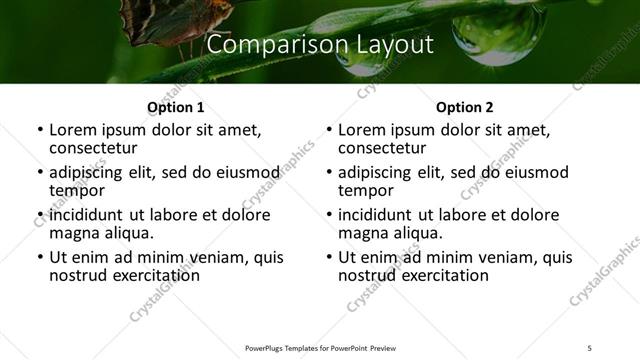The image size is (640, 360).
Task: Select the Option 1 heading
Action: pos(175,106)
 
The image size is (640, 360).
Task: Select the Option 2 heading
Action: pos(464,106)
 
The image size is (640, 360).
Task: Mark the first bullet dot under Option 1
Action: pos(39,130)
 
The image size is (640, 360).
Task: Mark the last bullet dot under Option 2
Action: pos(329,257)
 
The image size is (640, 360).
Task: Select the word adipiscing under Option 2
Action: pos(381,172)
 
